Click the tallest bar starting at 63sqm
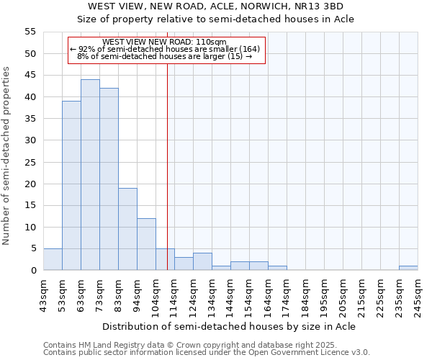(90, 175)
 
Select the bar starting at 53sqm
(71, 186)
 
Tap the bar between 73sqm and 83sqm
(109, 179)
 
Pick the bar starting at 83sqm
(127, 229)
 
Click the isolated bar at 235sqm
(408, 268)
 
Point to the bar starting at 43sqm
(53, 259)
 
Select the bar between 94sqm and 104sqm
(146, 244)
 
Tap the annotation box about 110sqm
(166, 50)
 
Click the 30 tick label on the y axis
(30, 140)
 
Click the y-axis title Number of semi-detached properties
(7, 156)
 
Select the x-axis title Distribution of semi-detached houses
(229, 326)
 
